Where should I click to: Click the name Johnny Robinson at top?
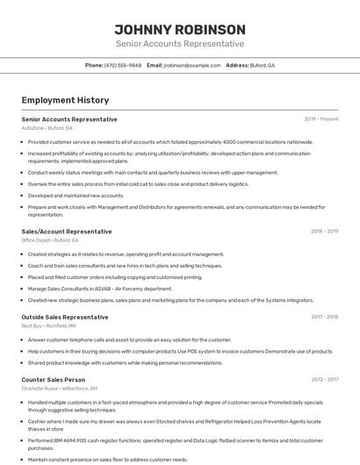pos(179,29)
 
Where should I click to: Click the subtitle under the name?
pos(179,44)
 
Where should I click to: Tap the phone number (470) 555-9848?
pos(123,65)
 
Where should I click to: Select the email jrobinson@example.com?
pos(192,65)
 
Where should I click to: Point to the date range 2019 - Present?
pos(320,118)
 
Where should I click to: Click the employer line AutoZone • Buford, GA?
pos(47,128)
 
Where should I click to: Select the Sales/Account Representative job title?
pos(67,232)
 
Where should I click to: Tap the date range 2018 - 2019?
pos(324,232)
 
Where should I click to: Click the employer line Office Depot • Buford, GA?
pos(50,240)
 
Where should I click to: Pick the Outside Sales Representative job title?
pos(65,317)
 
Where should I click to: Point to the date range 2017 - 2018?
pos(324,317)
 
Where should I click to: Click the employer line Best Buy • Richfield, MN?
pos(49,325)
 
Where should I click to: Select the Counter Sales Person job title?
pos(54,380)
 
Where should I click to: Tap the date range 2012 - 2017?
pos(324,380)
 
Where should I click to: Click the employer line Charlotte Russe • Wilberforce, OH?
pos(60,389)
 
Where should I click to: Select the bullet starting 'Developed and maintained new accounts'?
pos(76,196)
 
